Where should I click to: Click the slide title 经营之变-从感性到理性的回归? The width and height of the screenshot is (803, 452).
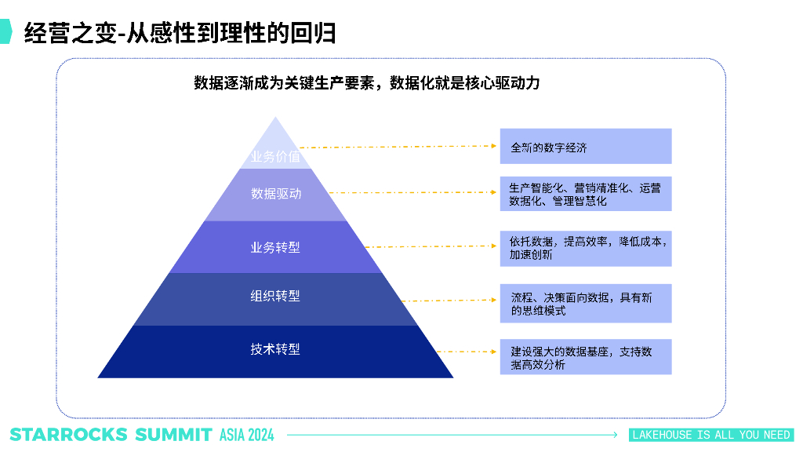(180, 33)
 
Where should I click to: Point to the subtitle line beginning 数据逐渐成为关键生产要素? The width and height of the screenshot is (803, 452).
(367, 83)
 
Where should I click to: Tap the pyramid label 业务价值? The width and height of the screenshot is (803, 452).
(275, 156)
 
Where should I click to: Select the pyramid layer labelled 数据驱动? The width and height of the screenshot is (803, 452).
(275, 193)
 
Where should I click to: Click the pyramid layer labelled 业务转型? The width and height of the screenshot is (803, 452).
(275, 247)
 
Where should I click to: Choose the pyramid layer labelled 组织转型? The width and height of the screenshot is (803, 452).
(275, 297)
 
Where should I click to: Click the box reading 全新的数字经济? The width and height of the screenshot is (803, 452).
(585, 146)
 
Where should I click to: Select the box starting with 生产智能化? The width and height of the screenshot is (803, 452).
(585, 194)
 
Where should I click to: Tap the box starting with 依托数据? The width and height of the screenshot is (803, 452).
(585, 247)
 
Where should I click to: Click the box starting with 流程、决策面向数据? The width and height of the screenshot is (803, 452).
(585, 303)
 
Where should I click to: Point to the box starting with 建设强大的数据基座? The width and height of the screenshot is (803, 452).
(585, 357)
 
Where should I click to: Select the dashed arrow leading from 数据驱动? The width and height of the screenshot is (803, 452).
(412, 192)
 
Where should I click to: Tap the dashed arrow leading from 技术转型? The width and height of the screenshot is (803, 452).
(467, 352)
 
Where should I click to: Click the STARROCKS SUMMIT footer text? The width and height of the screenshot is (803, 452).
(111, 435)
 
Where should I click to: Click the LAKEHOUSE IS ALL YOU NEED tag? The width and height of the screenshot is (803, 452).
(711, 435)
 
